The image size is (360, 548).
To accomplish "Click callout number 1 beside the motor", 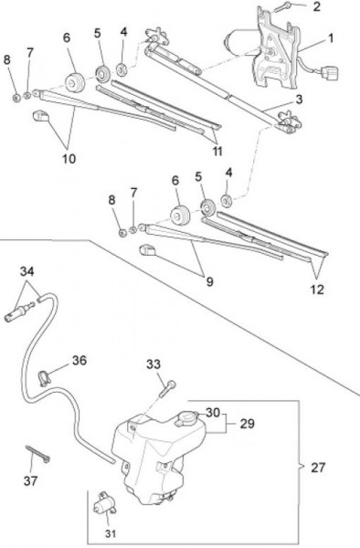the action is pos(330,38).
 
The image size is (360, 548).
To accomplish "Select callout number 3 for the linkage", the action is pos(299,100).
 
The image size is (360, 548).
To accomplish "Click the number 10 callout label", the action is pos(69,159).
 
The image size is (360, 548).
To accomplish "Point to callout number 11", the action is pos(217,152).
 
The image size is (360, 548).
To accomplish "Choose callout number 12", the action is pos(317,290).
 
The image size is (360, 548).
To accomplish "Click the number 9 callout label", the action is pos(209,281).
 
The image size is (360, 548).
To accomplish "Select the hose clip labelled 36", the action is pos(43,378).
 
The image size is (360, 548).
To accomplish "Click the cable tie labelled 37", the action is pos(37,454).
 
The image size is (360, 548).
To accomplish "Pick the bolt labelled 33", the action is pos(167,389).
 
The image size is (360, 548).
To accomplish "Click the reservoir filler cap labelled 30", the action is pos(188,418).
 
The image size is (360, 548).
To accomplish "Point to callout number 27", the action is pos(318,468).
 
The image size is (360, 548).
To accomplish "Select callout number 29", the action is pos(247,424).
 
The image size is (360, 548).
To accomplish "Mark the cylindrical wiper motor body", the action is pos(240,43).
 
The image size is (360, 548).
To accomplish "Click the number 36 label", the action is pos(79,361).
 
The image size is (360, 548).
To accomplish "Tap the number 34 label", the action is pos(26,271).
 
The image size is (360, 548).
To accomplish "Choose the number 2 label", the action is pos(316,6).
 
